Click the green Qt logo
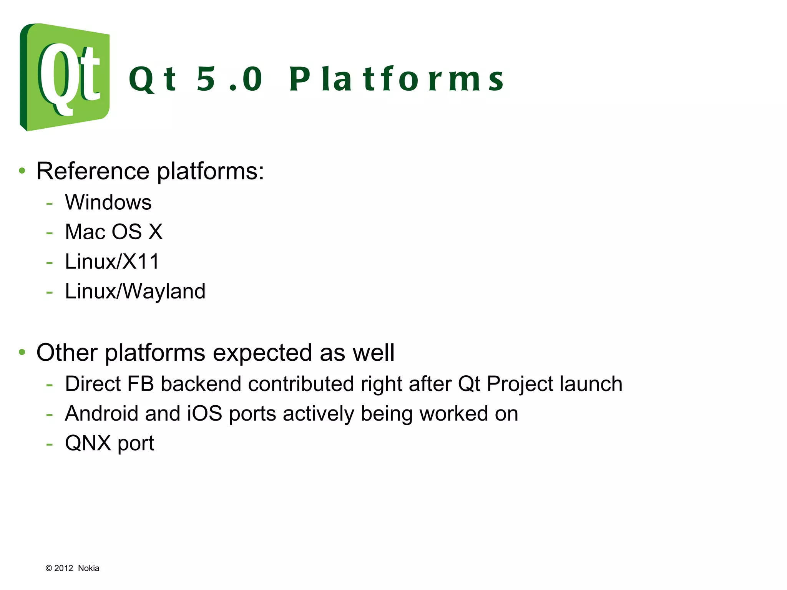click(65, 77)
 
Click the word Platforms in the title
click(396, 79)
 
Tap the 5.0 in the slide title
click(229, 79)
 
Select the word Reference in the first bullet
click(93, 171)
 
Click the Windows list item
click(108, 202)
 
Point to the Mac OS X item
click(113, 232)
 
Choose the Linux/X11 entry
click(112, 262)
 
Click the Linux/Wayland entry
click(135, 291)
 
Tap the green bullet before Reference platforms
click(22, 171)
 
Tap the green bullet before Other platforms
click(22, 352)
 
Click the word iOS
click(204, 414)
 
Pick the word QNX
click(88, 443)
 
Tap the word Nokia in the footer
click(88, 568)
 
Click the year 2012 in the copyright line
click(63, 568)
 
